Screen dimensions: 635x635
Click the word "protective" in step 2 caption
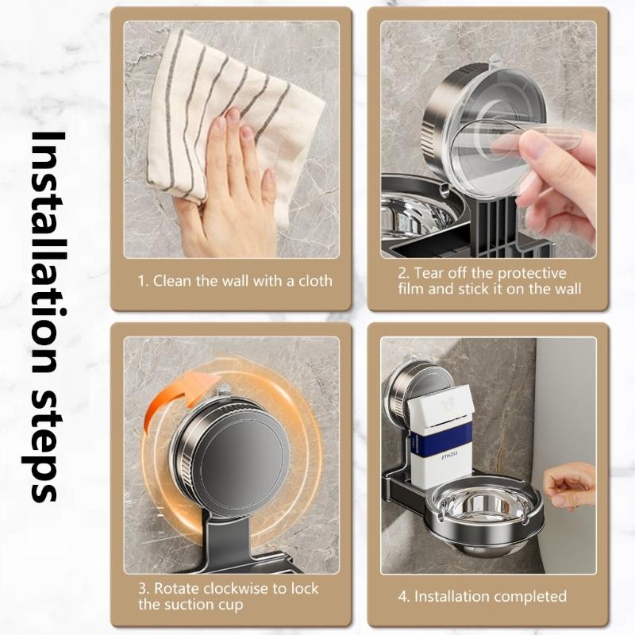pyautogui.click(x=533, y=273)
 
